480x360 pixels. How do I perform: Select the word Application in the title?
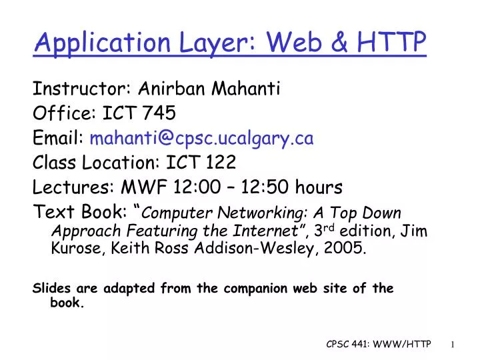[101, 43]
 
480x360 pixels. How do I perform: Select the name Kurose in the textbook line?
[73, 250]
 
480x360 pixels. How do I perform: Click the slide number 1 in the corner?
[452, 344]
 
